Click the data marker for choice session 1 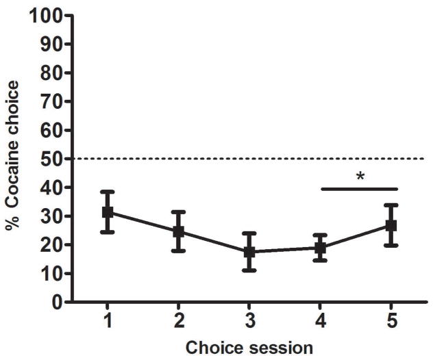pos(108,212)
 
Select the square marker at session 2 pos(178,231)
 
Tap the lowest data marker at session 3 pos(249,252)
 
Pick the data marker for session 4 pos(320,248)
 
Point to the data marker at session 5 pos(391,225)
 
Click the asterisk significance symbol pos(360,177)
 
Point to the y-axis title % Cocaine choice pos(12,159)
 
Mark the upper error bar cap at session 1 pos(108,192)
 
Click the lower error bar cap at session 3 pos(249,270)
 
